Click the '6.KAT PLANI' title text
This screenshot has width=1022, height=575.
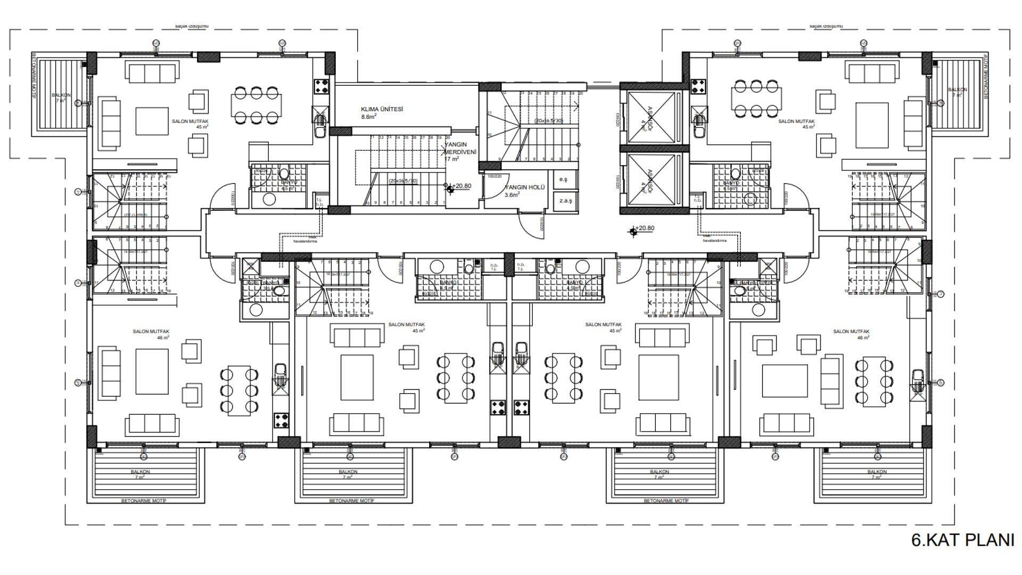[962, 540]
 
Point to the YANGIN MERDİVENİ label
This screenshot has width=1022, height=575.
[460, 151]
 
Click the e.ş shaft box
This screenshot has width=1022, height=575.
[563, 179]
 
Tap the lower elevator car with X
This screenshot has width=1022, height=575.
[651, 179]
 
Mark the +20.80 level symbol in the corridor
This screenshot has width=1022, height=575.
[633, 231]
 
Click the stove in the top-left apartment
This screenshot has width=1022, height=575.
[322, 86]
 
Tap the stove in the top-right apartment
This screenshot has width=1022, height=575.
[698, 86]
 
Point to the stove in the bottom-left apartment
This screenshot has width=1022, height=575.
[281, 421]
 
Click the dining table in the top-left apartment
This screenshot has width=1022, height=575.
[256, 105]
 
